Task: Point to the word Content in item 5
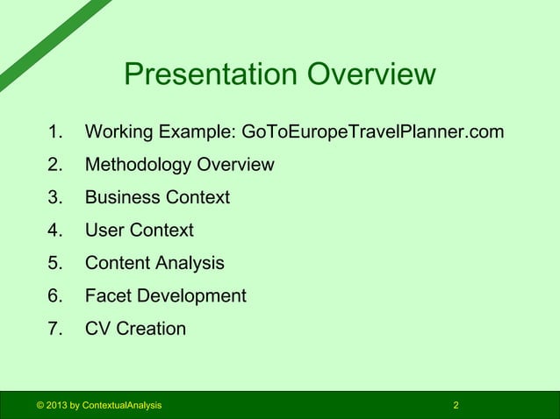click(x=118, y=263)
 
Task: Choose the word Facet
click(x=109, y=296)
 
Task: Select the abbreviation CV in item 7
click(x=97, y=329)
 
